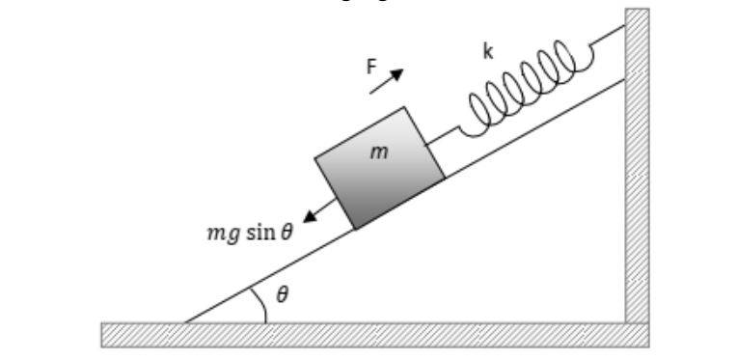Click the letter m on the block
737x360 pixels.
(x=379, y=152)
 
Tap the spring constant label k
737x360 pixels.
(x=488, y=52)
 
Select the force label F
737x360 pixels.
(x=371, y=68)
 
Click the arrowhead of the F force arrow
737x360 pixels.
(x=397, y=74)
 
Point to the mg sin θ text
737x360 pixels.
(x=250, y=233)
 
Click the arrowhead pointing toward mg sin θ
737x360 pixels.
(x=310, y=216)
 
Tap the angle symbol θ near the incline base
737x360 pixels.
(x=282, y=295)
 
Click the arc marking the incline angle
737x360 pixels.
(x=261, y=304)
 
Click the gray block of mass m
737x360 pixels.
(x=380, y=168)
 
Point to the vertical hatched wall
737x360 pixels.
(x=637, y=165)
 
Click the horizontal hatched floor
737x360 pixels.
(x=375, y=335)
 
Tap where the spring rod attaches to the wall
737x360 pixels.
(x=625, y=26)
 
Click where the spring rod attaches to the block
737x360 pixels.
(x=427, y=144)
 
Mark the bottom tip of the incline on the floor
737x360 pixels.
(x=185, y=322)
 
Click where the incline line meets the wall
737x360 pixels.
(x=625, y=80)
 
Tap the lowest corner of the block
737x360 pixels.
(x=355, y=230)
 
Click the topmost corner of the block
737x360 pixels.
(x=404, y=107)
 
